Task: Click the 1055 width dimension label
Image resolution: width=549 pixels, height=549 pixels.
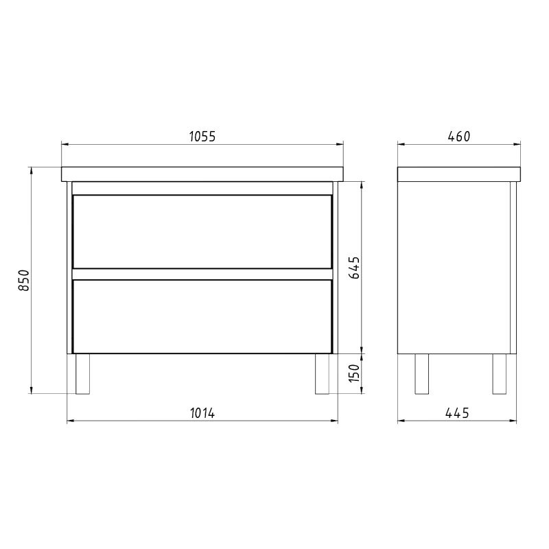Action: pyautogui.click(x=202, y=137)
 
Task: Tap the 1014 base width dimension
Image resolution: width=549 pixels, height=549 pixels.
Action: pyautogui.click(x=202, y=413)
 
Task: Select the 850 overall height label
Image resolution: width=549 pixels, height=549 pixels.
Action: pyautogui.click(x=24, y=280)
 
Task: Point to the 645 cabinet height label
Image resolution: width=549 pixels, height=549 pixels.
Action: pyautogui.click(x=354, y=268)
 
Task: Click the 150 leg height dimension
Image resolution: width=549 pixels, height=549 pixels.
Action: pyautogui.click(x=354, y=373)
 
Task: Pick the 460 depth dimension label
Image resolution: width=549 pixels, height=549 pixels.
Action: pyautogui.click(x=458, y=137)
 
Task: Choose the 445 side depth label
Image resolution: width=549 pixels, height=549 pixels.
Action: pyautogui.click(x=457, y=413)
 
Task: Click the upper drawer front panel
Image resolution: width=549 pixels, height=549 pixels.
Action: pyautogui.click(x=202, y=232)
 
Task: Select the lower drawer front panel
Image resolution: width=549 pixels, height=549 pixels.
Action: pyautogui.click(x=202, y=316)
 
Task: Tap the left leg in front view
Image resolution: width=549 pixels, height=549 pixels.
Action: pyautogui.click(x=82, y=374)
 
